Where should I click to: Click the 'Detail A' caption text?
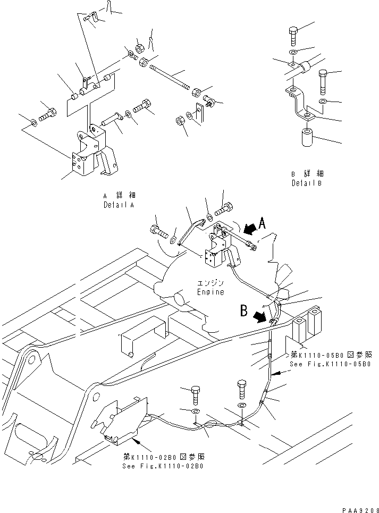[119, 204]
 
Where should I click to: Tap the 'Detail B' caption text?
[307, 183]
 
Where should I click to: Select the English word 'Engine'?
[210, 292]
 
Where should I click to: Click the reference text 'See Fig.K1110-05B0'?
[330, 364]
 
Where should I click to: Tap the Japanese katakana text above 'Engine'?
[210, 283]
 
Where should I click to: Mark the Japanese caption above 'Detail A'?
[119, 195]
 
